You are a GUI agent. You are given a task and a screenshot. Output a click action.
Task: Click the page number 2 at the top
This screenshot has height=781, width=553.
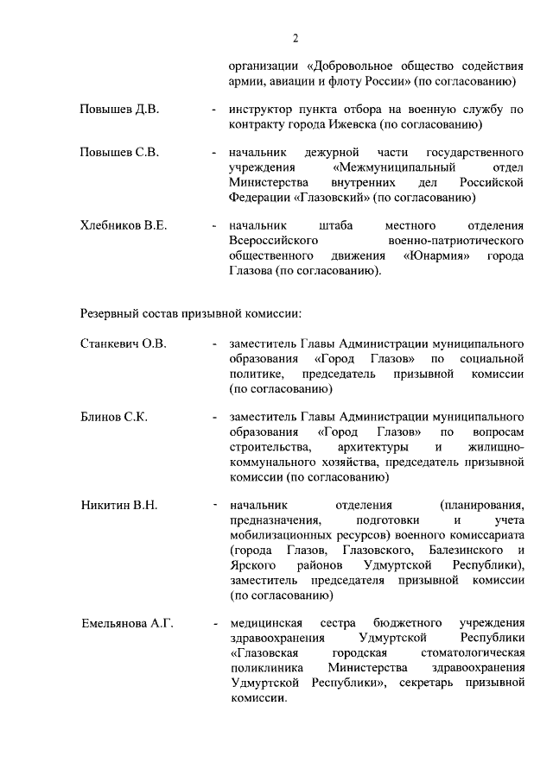295,38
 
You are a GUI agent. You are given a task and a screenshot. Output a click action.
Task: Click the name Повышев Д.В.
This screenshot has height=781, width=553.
118,110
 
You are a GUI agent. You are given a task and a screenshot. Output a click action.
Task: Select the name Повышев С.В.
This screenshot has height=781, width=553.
118,153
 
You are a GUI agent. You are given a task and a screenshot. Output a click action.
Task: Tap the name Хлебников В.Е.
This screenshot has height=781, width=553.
124,226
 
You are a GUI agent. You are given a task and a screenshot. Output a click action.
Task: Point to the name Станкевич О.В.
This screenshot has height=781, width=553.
123,343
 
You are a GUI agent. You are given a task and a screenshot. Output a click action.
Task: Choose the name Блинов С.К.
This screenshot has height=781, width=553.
113,417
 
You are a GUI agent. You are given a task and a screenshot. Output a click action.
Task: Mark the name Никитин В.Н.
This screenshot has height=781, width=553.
119,505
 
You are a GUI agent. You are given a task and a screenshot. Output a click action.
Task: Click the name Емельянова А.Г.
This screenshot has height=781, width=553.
127,622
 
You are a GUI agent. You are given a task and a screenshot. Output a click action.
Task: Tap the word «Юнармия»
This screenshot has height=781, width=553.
440,256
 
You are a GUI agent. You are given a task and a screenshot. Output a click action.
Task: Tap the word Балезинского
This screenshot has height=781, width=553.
464,550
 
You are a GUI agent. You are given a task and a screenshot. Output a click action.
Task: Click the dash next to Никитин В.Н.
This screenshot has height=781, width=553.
213,505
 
